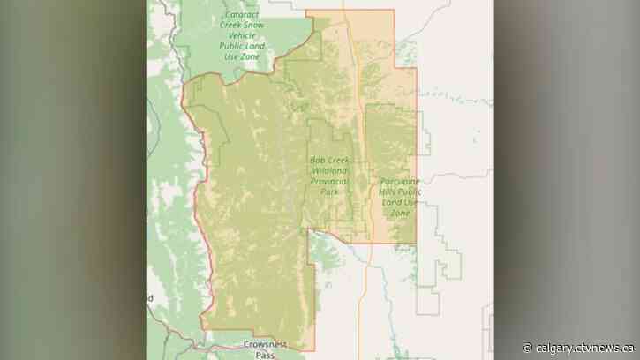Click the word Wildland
pyautogui.click(x=329, y=169)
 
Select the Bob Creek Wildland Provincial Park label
pyautogui.click(x=329, y=174)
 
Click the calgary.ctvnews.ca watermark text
pyautogui.click(x=582, y=346)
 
